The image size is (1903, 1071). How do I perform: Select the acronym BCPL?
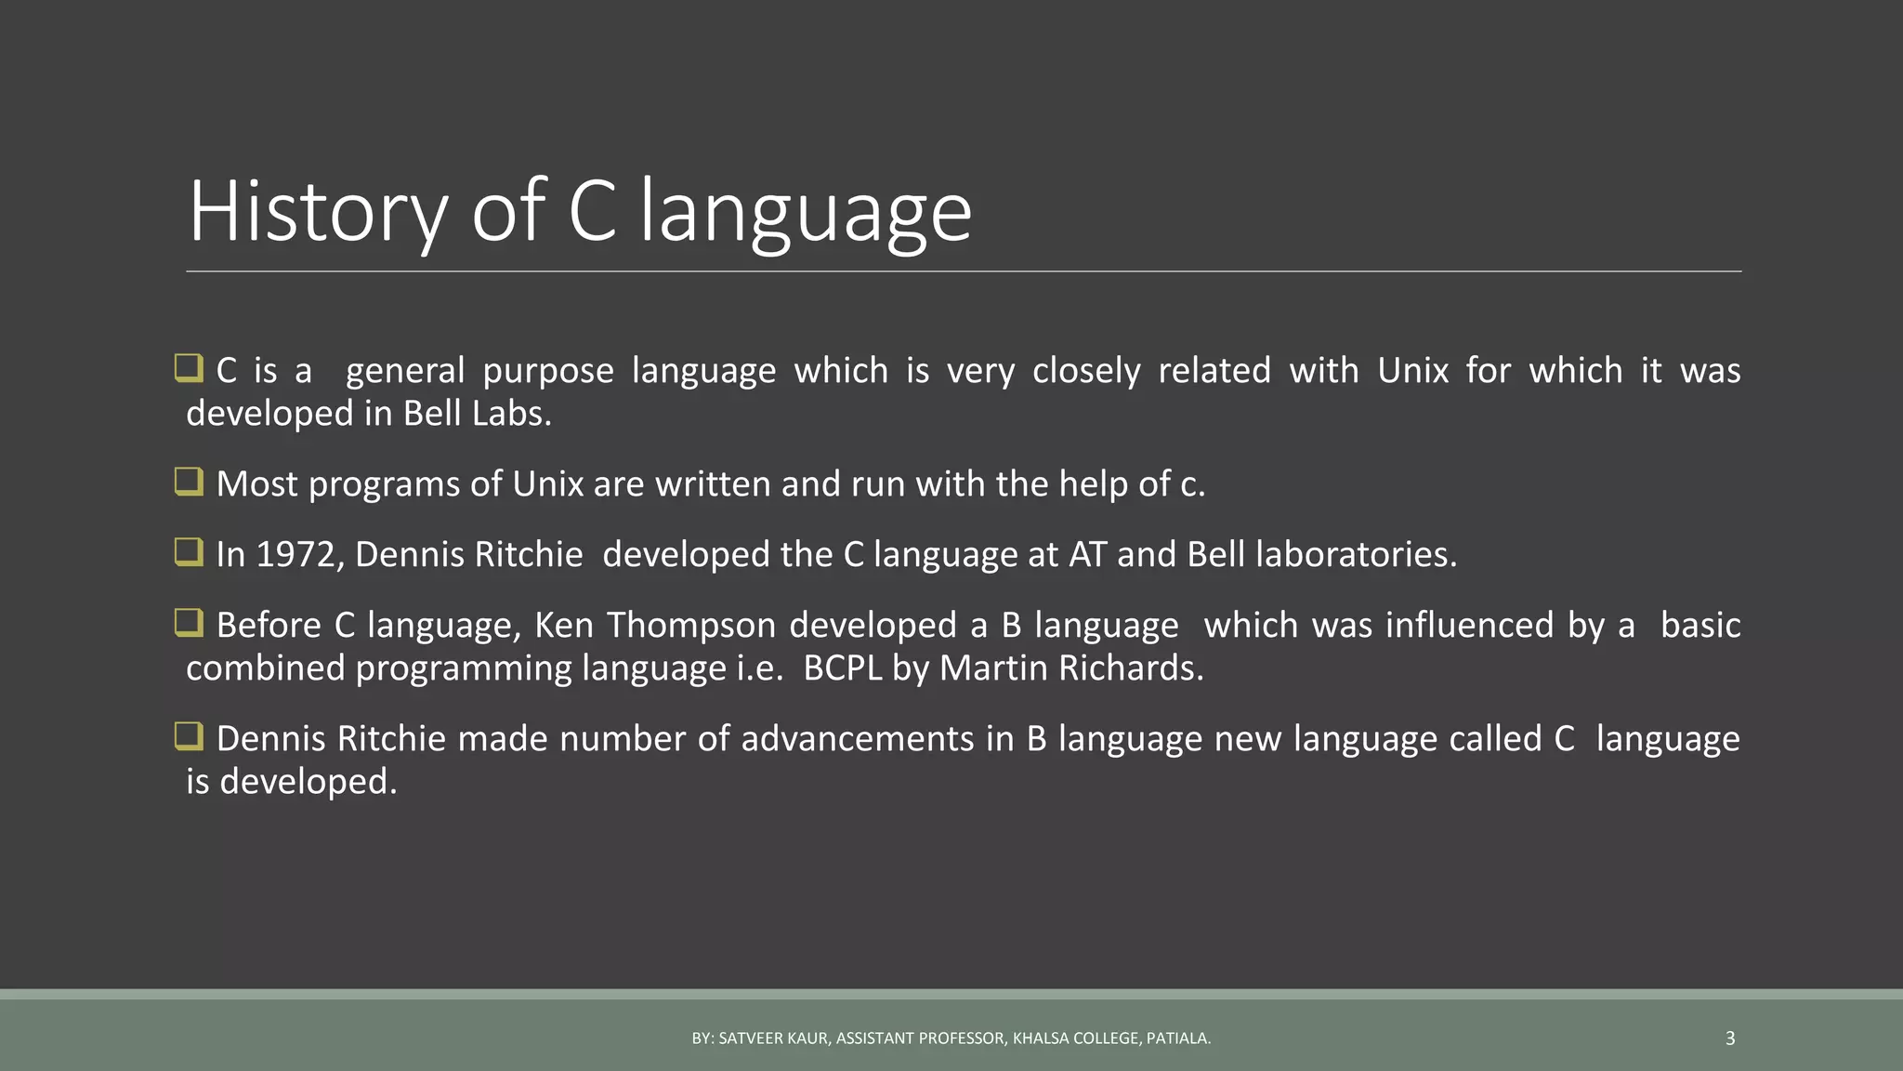[x=842, y=668]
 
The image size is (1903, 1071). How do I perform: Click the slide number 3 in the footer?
[x=1729, y=1038]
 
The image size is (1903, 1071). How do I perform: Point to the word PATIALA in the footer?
[x=1177, y=1038]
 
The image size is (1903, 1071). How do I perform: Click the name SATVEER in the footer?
[x=751, y=1038]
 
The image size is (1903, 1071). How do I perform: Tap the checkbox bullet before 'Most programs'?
[x=189, y=482]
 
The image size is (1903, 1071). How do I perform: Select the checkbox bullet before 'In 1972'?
[x=189, y=552]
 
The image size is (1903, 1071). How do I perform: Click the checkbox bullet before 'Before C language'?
[x=189, y=623]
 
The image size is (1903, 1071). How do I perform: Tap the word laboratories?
[x=1356, y=555]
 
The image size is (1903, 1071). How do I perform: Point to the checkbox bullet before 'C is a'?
[x=189, y=368]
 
